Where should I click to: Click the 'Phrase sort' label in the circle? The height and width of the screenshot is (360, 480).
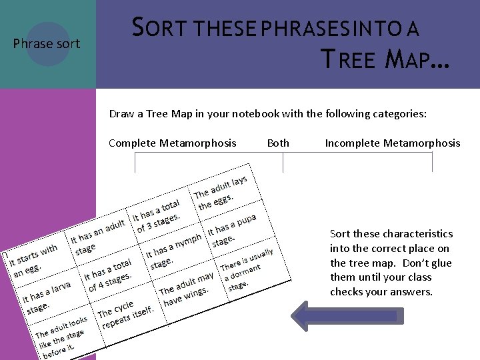point(47,44)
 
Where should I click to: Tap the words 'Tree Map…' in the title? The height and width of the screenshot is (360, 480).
point(385,61)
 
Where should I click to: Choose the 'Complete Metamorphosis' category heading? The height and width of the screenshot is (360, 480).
point(172,143)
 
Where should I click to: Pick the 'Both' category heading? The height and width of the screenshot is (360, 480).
point(278,143)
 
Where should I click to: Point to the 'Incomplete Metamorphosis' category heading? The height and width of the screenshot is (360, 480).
point(392,143)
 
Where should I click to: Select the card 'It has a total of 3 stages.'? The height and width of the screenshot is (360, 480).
point(157,215)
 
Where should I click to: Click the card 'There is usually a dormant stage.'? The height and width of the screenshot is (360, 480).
point(247,269)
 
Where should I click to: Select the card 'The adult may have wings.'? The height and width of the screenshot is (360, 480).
point(186,289)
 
